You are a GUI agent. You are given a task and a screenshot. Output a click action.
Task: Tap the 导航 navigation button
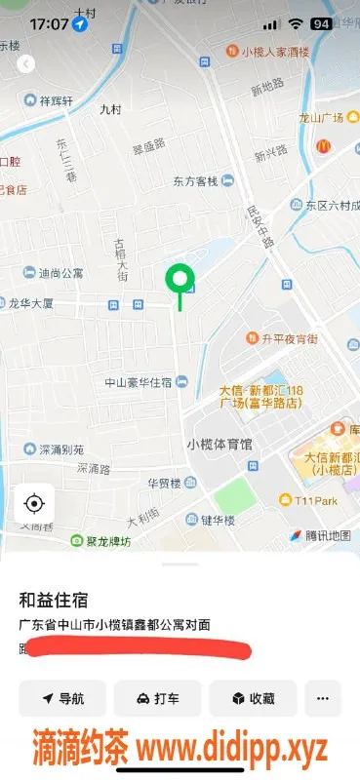click(x=62, y=698)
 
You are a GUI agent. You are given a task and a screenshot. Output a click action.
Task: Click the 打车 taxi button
click(x=158, y=698)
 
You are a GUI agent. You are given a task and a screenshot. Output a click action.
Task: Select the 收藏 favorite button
click(x=253, y=698)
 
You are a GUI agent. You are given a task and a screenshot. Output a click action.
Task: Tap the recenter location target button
click(x=34, y=503)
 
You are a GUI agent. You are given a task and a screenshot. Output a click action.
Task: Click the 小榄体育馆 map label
click(x=219, y=444)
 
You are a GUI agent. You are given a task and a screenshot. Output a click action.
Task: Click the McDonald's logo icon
click(x=324, y=144)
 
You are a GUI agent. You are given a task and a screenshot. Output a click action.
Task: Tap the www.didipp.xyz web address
click(x=233, y=748)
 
